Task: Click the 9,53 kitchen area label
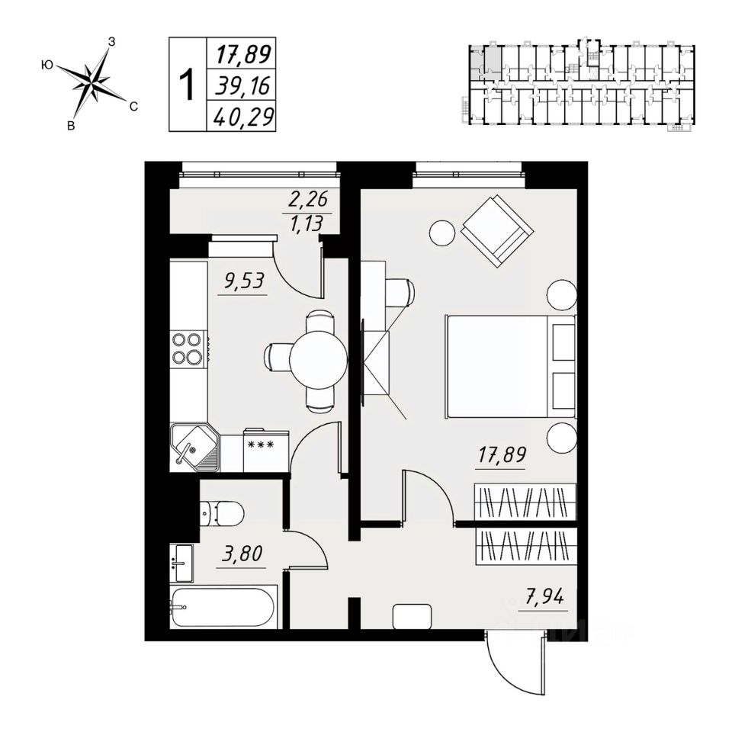pyautogui.click(x=245, y=281)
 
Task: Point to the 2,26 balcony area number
pyautogui.click(x=308, y=199)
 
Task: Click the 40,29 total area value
pyautogui.click(x=242, y=117)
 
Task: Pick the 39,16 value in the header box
pyautogui.click(x=242, y=86)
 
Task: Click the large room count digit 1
pyautogui.click(x=188, y=85)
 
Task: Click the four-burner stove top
pyautogui.click(x=188, y=348)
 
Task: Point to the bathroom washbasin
pyautogui.click(x=181, y=563)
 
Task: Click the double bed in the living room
pyautogui.click(x=511, y=367)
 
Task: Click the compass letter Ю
pyautogui.click(x=47, y=65)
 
